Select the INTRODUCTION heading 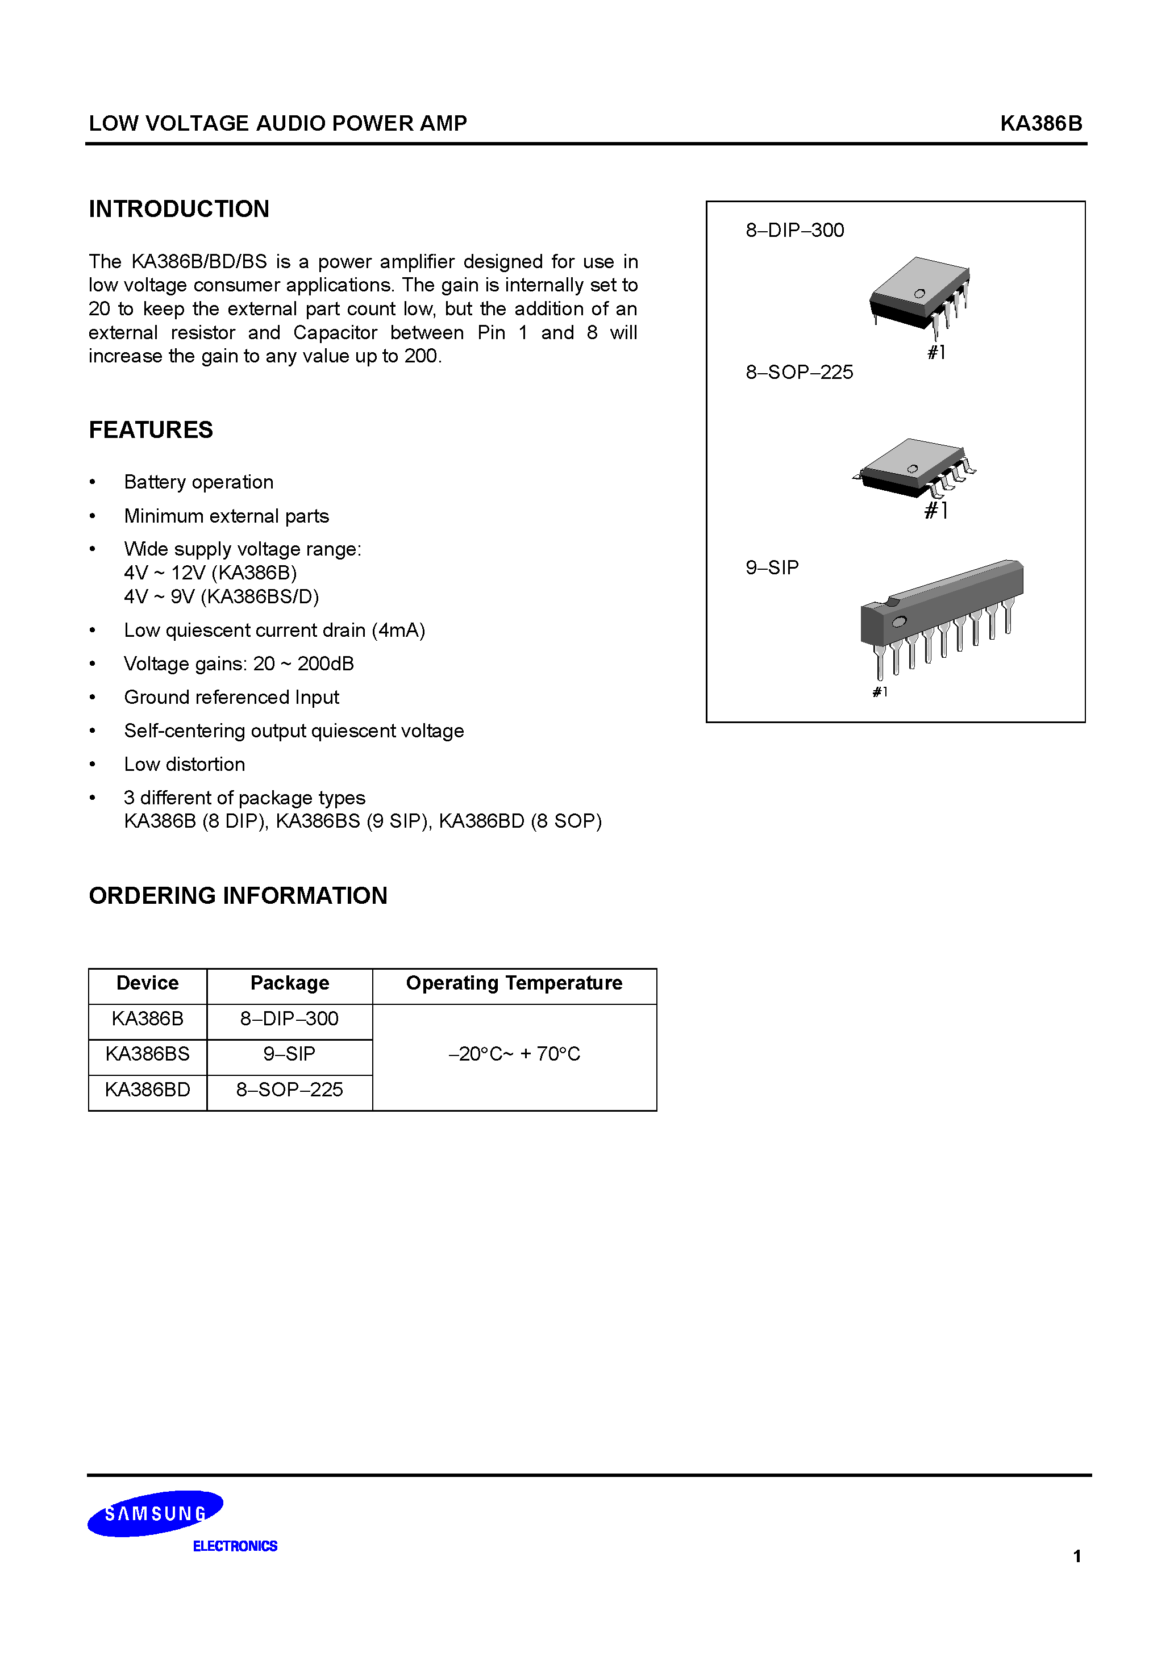[179, 209]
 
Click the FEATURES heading [151, 429]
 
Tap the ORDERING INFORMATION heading [238, 896]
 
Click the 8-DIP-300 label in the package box [795, 230]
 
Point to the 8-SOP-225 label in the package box [799, 372]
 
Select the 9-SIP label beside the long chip [772, 567]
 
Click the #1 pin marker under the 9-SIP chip [880, 691]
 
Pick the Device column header [147, 983]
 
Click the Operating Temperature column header [514, 983]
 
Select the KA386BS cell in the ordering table [147, 1054]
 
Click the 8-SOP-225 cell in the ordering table [289, 1090]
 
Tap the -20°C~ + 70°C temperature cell [514, 1054]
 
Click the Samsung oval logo [155, 1513]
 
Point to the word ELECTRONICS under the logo [235, 1546]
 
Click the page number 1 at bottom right [1077, 1556]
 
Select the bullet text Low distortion [185, 764]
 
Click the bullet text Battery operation [198, 482]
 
